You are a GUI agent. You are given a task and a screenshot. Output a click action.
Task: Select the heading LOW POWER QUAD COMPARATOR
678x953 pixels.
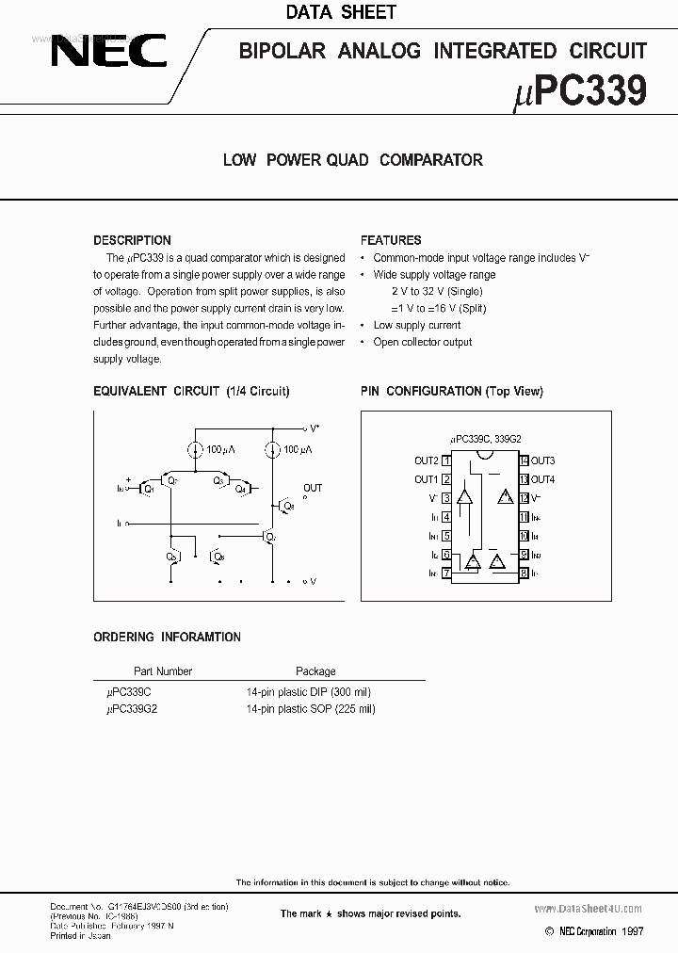[x=352, y=160]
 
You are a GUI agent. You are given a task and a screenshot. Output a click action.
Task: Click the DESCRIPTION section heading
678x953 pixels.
[x=132, y=240]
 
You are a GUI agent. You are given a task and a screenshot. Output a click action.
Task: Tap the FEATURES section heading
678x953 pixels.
[x=391, y=240]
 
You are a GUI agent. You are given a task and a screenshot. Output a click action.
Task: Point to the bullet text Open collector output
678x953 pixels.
[x=423, y=342]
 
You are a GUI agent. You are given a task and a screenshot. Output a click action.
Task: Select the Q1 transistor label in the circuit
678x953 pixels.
[x=148, y=490]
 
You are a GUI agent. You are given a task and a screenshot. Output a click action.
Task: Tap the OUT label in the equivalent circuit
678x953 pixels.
[x=313, y=488]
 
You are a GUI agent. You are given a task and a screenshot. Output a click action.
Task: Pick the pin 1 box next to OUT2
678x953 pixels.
[x=446, y=460]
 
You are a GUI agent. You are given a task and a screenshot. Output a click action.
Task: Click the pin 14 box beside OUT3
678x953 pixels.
[x=524, y=460]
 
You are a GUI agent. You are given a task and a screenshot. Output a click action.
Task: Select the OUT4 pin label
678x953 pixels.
[x=543, y=479]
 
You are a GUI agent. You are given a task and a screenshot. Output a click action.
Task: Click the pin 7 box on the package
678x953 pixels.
[x=446, y=572]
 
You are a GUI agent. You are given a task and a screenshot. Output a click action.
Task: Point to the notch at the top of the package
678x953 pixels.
[x=485, y=456]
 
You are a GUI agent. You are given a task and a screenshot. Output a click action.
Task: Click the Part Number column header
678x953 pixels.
[x=162, y=671]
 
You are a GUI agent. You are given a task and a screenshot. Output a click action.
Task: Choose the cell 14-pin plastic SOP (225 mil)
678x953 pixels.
[x=311, y=709]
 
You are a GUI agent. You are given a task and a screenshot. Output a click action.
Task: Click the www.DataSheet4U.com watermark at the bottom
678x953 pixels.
[x=593, y=909]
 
